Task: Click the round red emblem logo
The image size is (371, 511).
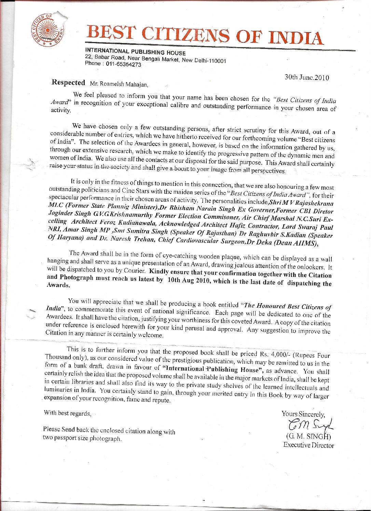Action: [47, 30]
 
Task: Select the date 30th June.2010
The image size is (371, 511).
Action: [307, 77]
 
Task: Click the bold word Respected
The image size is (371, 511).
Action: [68, 82]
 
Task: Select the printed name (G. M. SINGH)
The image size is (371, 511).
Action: [308, 436]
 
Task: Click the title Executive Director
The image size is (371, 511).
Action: [308, 445]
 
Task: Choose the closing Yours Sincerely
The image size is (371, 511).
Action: [303, 414]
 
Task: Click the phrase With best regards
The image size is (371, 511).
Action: [68, 413]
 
